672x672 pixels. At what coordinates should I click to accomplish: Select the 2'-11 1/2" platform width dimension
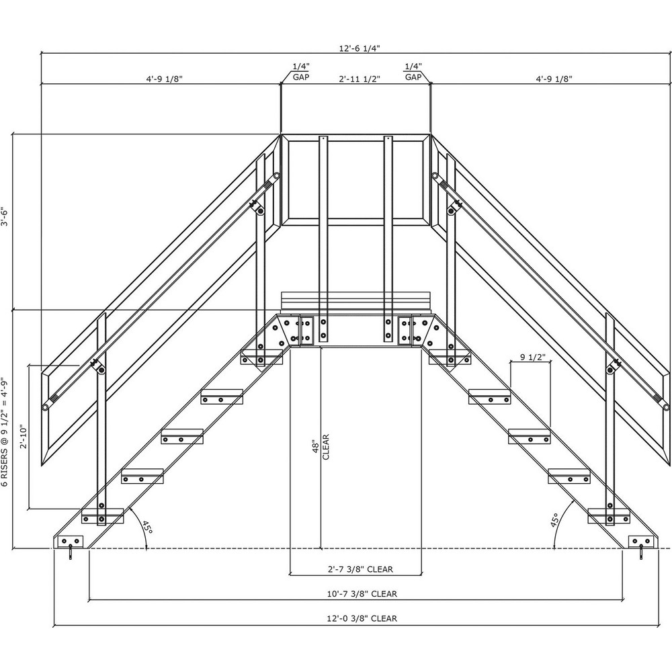359,79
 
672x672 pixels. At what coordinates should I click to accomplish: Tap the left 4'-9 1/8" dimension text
164,79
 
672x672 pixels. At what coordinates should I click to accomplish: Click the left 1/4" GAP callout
300,72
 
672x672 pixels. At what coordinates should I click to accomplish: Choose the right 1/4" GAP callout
413,72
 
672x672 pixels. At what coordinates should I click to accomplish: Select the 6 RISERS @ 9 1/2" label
5,431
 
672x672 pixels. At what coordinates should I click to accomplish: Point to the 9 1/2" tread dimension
531,357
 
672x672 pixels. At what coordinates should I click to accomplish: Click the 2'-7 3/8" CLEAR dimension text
360,569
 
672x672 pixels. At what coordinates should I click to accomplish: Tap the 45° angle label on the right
555,522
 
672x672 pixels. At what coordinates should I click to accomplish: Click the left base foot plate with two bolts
70,542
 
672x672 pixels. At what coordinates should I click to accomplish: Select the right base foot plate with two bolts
642,542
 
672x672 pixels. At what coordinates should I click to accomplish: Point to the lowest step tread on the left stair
102,516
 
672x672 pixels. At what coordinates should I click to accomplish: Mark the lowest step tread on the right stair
609,516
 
